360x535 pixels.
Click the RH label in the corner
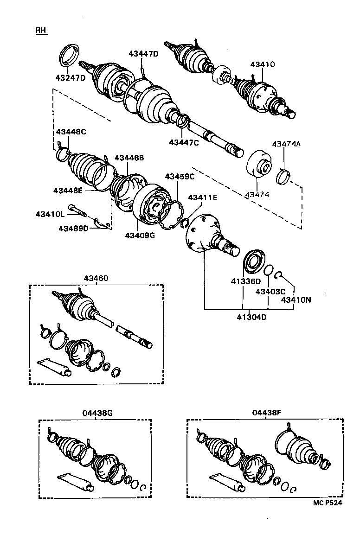tap(41, 31)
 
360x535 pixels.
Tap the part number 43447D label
tap(143, 54)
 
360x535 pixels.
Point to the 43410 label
tap(263, 64)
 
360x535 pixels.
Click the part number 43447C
tap(184, 142)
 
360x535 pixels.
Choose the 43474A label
tap(286, 144)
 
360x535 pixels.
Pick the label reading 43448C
tap(71, 132)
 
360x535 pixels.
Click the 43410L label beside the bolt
tap(50, 214)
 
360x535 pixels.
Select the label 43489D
tap(73, 228)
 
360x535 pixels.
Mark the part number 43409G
tap(140, 235)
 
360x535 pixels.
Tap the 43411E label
tap(202, 197)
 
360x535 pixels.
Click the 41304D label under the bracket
tap(252, 317)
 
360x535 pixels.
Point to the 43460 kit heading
tap(96, 278)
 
